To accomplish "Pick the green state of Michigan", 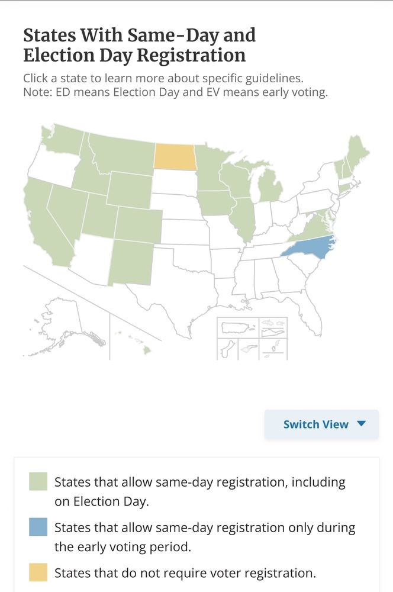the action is (x=271, y=189).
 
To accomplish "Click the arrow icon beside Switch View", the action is (x=362, y=424).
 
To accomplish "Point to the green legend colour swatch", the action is (x=38, y=482).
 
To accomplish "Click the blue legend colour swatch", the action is (x=38, y=527).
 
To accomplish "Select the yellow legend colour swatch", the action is (x=38, y=572).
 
